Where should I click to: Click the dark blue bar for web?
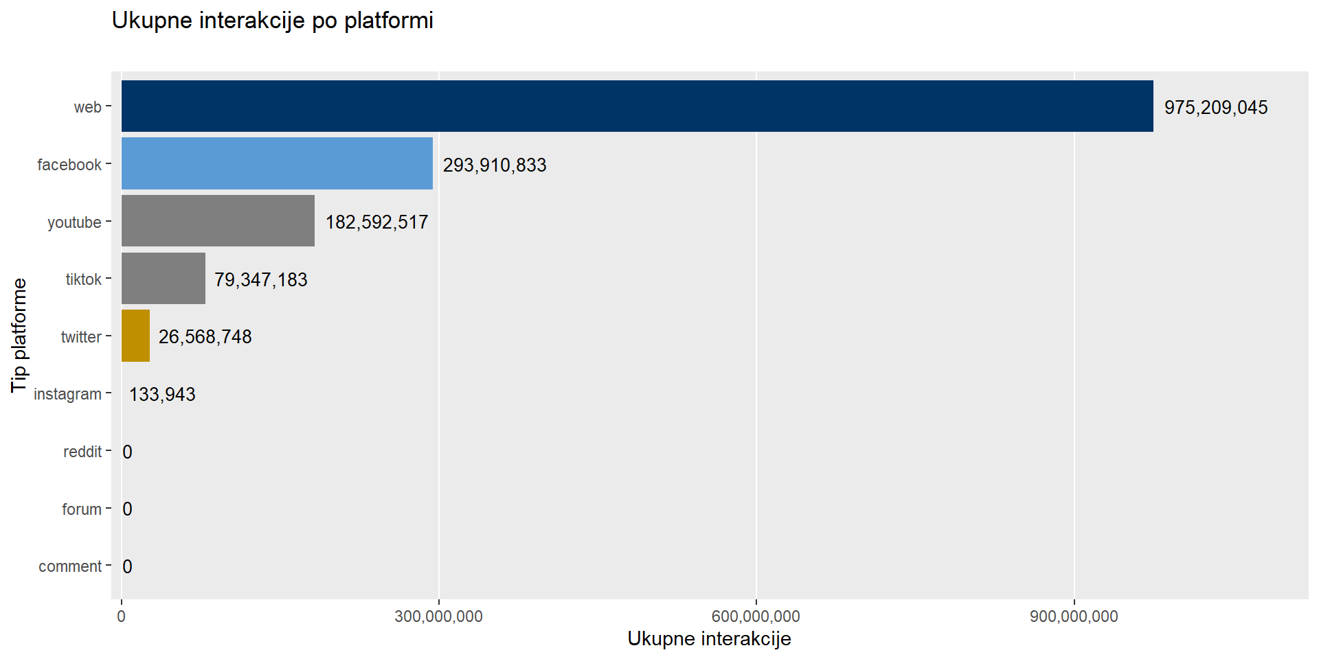[638, 106]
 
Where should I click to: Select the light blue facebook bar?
[277, 163]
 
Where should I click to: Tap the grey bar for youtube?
[218, 221]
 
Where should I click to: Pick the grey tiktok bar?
[164, 278]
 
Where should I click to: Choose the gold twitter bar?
[135, 336]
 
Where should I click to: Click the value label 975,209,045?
[1216, 108]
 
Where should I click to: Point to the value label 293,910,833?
[495, 165]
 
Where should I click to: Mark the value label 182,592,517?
[377, 222]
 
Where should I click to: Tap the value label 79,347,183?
[261, 280]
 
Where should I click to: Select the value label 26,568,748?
[205, 337]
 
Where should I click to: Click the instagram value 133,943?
[162, 395]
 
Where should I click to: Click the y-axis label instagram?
[67, 395]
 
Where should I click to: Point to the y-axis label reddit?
[82, 452]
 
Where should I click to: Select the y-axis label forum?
[82, 509]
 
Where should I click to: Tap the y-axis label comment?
[70, 567]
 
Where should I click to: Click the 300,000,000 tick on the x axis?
[438, 616]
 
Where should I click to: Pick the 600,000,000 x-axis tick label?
[756, 616]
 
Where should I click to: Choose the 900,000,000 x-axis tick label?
[1074, 616]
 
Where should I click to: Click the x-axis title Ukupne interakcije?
[709, 639]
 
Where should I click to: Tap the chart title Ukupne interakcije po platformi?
[273, 21]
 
